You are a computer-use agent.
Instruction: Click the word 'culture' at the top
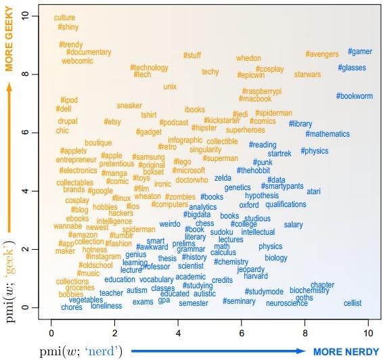pos(64,17)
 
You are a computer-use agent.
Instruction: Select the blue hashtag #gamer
pos(359,51)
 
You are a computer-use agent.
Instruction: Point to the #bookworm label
pos(354,96)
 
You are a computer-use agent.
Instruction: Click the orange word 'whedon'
pos(248,58)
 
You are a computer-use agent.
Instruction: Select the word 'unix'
pos(170,87)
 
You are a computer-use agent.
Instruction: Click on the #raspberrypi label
pos(261,91)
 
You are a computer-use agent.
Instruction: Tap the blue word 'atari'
pos(313,192)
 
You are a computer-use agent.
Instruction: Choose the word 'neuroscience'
pos(286,303)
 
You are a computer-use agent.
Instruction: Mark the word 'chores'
pos(71,307)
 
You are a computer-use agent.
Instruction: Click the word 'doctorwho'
pos(191,180)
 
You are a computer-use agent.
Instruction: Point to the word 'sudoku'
pos(221,231)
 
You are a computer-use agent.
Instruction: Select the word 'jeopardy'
pos(251,269)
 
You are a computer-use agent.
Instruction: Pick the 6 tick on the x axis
pos(241,332)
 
